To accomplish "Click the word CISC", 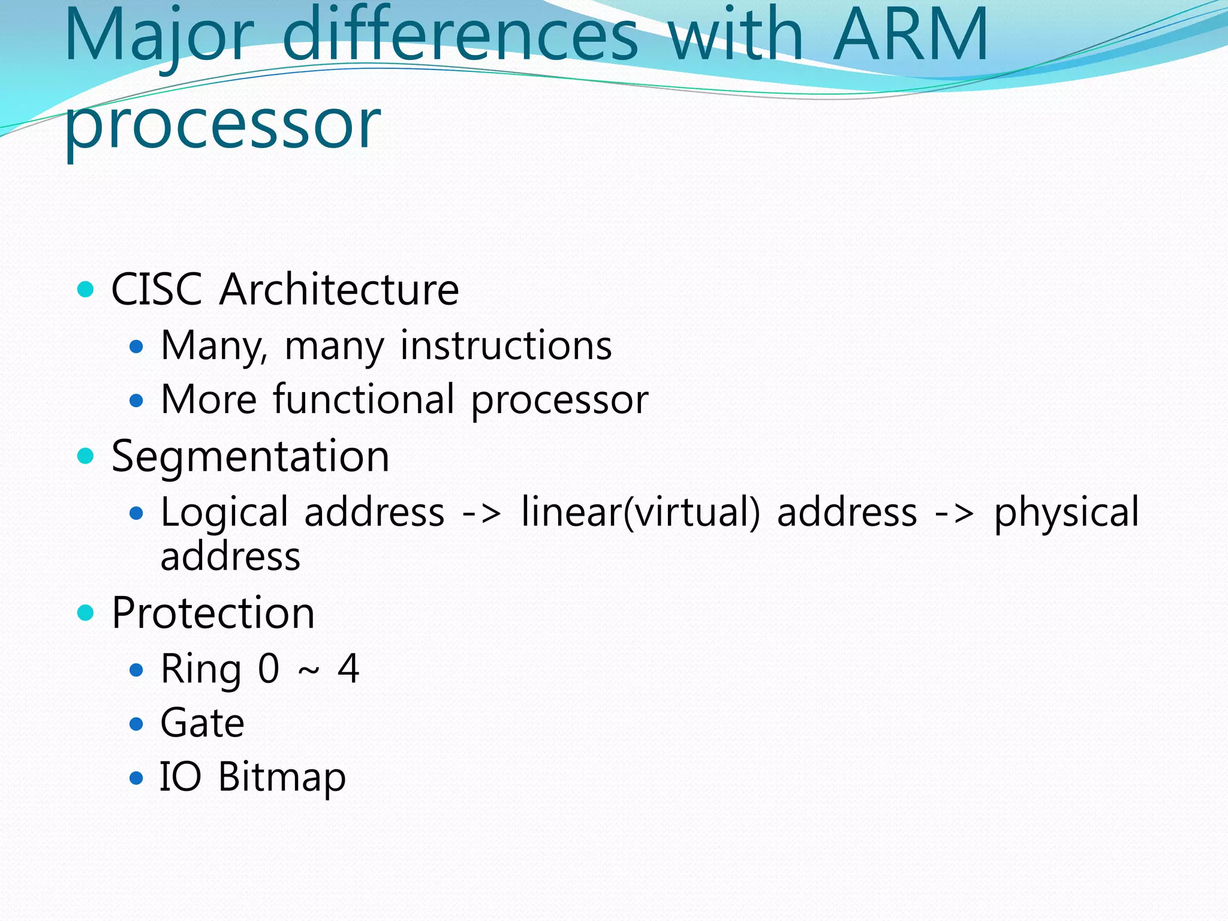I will click(x=156, y=290).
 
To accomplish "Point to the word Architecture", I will click(x=339, y=290).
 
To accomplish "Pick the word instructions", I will click(x=506, y=346).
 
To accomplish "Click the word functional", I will click(x=364, y=399).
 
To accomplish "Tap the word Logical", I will click(x=225, y=513).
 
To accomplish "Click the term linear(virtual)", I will click(x=640, y=513).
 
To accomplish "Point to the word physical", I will click(x=1066, y=513).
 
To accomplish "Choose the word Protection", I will click(x=213, y=613).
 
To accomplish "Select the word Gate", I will click(x=203, y=723).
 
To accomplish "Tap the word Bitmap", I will click(x=282, y=778).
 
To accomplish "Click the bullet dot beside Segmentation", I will click(x=86, y=456).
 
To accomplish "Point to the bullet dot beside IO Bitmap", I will click(x=137, y=778).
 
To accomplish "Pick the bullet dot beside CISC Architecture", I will click(x=86, y=290).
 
